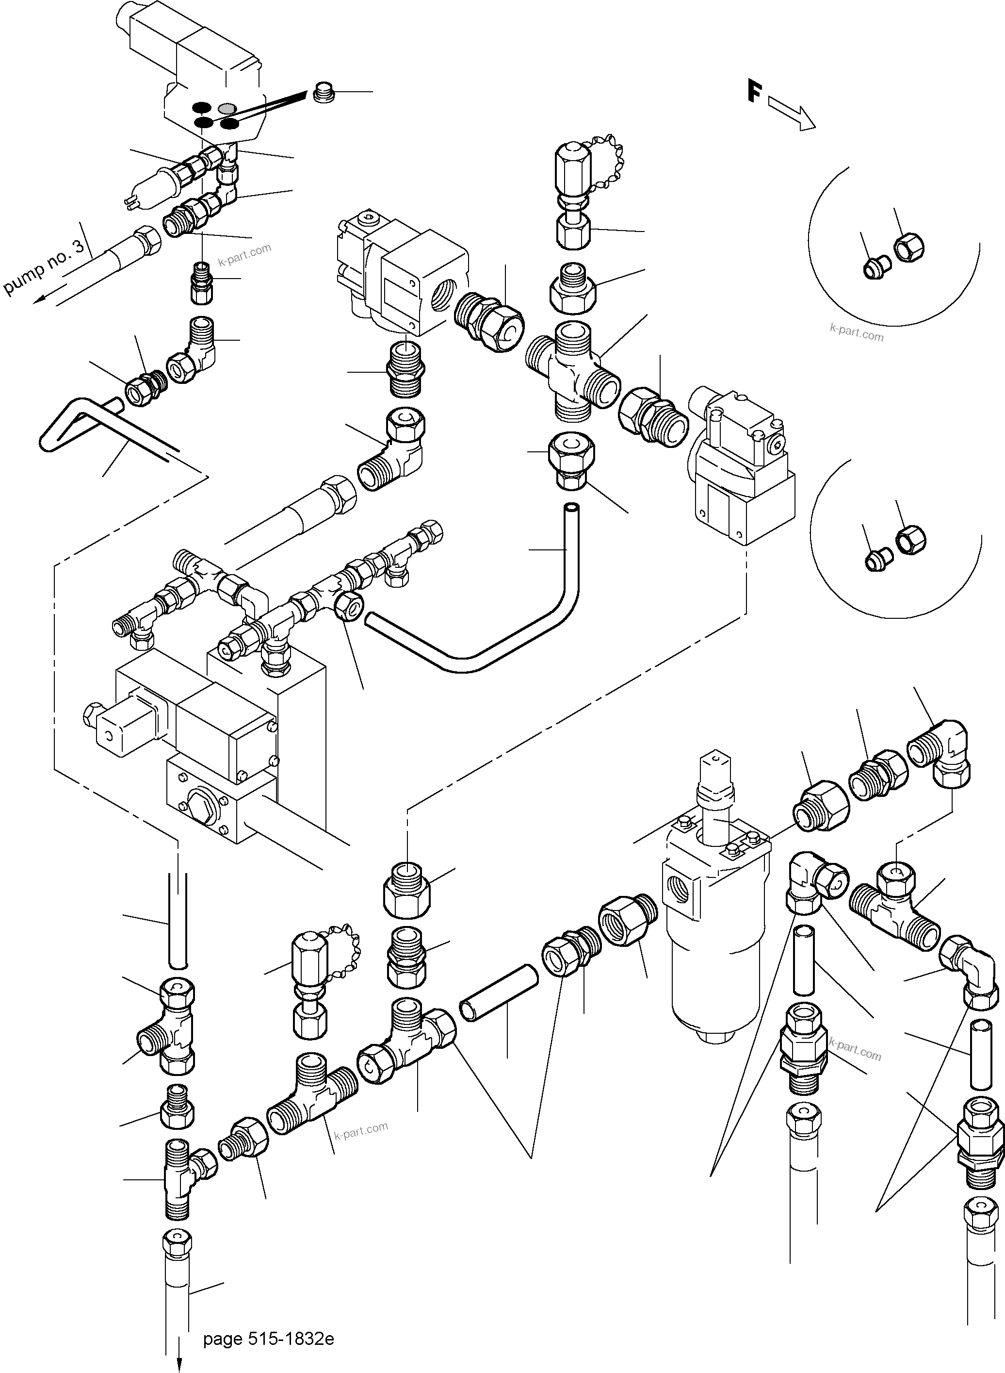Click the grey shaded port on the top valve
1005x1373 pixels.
[227, 108]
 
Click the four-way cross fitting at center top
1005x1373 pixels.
[572, 371]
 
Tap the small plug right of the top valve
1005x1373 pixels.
[324, 93]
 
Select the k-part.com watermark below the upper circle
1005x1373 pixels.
[856, 332]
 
